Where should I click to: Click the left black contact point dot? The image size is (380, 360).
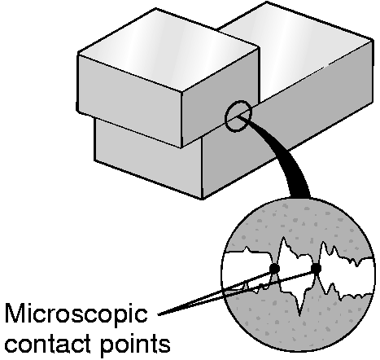(274, 269)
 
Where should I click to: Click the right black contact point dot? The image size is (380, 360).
(316, 269)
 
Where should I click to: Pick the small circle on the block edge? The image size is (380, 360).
(238, 116)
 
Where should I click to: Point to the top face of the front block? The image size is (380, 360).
(168, 51)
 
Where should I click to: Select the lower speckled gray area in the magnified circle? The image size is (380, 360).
(299, 326)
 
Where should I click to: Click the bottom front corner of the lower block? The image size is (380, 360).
(202, 199)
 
